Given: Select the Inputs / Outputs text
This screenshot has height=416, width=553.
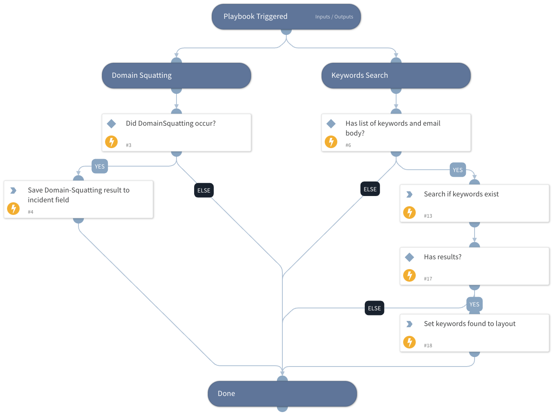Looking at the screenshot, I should [334, 17].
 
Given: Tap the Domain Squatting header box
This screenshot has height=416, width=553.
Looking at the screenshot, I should [176, 75].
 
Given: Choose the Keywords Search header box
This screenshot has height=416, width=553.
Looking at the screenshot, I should [396, 75].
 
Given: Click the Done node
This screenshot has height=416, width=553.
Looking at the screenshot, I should [282, 394].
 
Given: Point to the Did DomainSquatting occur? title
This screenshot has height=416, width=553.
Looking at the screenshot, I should [171, 123].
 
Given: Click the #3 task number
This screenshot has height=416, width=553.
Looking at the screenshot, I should [129, 145].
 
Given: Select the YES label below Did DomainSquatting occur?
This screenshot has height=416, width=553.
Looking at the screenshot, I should [100, 167].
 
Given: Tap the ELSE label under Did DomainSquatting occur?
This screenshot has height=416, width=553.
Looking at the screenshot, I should [204, 191].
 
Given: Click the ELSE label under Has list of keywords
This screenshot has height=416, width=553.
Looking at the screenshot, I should [370, 189].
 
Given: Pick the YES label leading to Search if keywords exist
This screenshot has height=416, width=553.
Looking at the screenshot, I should [458, 170].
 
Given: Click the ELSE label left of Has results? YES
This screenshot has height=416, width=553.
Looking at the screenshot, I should [374, 308].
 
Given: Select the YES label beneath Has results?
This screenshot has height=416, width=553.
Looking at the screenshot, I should [474, 304].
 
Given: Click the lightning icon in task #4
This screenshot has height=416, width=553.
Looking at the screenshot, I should [13, 208].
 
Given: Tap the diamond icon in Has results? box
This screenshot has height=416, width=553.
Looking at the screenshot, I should [409, 257].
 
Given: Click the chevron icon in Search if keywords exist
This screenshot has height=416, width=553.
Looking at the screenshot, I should [409, 194].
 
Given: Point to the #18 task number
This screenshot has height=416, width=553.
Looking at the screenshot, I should [428, 346].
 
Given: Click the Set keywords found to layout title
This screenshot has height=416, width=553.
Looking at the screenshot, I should [469, 324].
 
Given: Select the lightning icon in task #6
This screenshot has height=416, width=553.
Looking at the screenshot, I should [331, 141].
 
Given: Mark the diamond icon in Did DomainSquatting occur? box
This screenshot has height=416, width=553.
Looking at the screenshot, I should [111, 124].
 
